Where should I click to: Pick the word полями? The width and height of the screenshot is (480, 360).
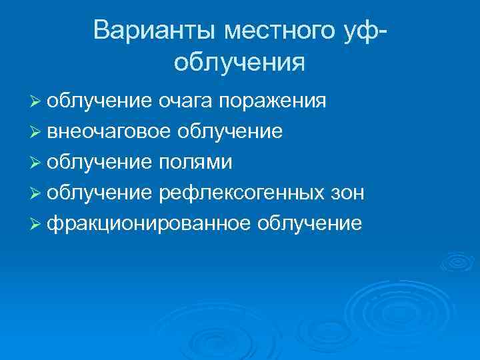[x=196, y=163]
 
